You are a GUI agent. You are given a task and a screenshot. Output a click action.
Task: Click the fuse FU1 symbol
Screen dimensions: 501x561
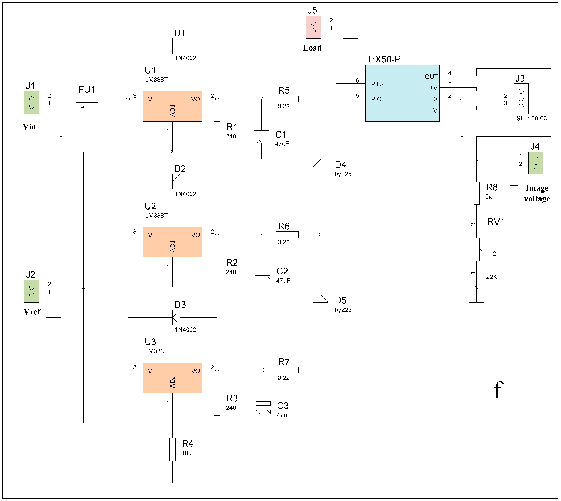(x=87, y=99)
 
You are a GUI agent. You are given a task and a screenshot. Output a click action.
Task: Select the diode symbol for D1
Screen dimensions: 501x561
(x=176, y=46)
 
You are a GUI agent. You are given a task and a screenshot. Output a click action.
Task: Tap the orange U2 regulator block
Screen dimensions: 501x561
(x=172, y=242)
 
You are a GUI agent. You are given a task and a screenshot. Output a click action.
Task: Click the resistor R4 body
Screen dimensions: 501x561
(x=172, y=449)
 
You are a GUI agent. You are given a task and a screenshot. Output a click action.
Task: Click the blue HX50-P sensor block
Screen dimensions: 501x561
(x=402, y=93)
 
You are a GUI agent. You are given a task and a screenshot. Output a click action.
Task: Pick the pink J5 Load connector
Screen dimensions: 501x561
(x=313, y=27)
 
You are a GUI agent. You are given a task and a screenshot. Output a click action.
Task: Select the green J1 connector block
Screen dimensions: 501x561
(x=31, y=102)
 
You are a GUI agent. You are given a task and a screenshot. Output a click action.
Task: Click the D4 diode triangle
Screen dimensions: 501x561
(x=321, y=163)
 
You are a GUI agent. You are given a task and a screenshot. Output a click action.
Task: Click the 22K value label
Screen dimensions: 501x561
(x=492, y=277)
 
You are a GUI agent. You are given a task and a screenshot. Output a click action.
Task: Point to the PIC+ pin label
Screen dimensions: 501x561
(x=378, y=99)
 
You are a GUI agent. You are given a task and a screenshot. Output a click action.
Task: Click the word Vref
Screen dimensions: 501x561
(x=32, y=312)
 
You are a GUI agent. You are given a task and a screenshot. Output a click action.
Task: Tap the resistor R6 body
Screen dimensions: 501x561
(x=287, y=235)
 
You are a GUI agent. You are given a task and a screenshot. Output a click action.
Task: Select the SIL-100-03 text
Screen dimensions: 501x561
(x=531, y=119)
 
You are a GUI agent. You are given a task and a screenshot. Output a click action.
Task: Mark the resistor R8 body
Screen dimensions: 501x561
(x=477, y=193)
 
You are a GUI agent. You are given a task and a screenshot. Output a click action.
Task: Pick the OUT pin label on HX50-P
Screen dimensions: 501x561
(x=431, y=77)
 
